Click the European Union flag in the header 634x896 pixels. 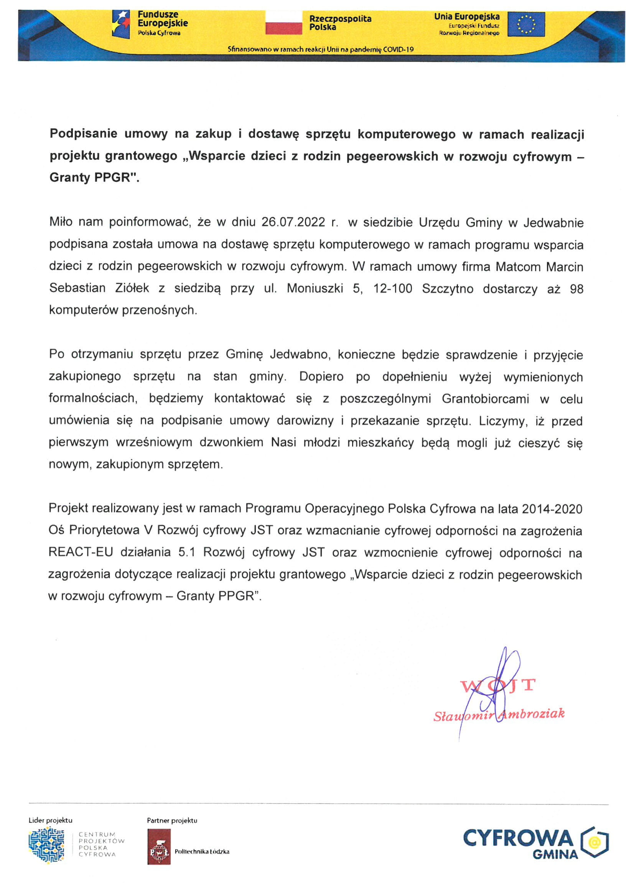tap(526, 24)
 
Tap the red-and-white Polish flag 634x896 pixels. tap(283, 23)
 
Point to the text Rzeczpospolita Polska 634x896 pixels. tap(340, 23)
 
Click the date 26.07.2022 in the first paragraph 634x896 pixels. tap(293, 222)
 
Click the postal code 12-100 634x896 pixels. tap(392, 289)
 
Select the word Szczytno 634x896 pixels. tap(447, 289)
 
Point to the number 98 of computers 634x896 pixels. tap(576, 289)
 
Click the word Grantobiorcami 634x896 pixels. tap(485, 399)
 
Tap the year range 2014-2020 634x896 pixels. tap(552, 509)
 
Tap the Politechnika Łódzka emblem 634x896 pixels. tap(158, 852)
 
